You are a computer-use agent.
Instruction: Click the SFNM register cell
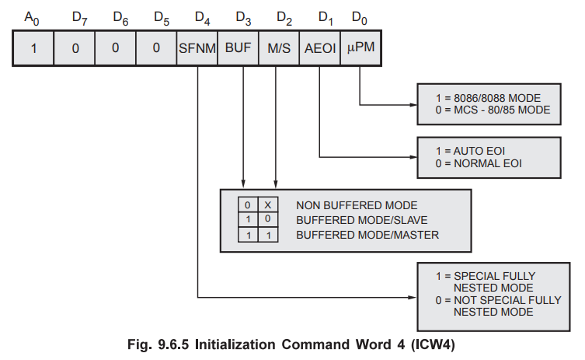[197, 47]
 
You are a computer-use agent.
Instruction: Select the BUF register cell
[238, 47]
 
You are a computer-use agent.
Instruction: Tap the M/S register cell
[278, 47]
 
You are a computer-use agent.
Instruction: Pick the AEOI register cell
[319, 47]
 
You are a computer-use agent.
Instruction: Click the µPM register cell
[360, 47]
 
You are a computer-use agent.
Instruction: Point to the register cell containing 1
[34, 47]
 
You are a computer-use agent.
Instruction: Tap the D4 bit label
[200, 17]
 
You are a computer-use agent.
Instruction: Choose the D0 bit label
[358, 17]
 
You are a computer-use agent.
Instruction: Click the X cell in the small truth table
[266, 205]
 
